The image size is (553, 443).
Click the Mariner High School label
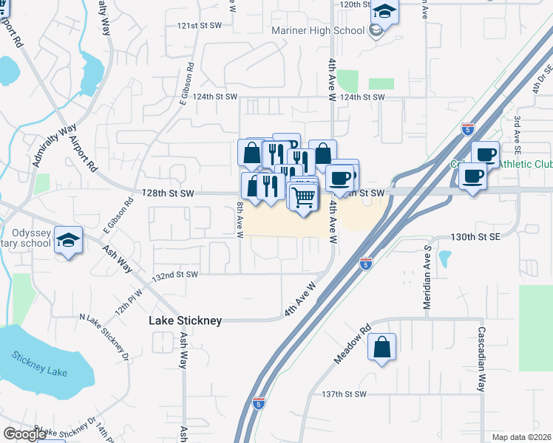(x=319, y=31)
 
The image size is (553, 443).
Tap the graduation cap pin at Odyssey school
(x=69, y=241)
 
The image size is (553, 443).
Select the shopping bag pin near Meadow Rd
(x=381, y=348)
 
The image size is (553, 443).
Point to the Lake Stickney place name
(x=185, y=321)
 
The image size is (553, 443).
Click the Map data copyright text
(x=518, y=437)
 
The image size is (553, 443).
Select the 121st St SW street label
(x=200, y=26)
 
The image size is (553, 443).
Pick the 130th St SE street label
(x=476, y=238)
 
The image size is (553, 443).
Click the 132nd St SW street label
(x=175, y=275)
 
